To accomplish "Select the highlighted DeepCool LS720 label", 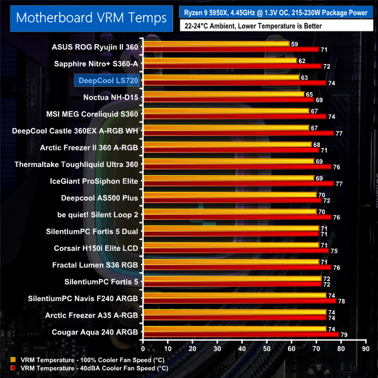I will coord(107,81).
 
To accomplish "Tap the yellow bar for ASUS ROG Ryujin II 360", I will coord(215,43).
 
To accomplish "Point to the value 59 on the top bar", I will coord(294,43).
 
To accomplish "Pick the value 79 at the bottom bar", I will coord(343,334).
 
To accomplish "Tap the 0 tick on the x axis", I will coord(144,348).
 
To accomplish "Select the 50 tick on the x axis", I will coord(266,348).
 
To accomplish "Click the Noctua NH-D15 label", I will coord(110,98).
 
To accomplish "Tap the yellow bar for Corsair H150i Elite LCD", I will coord(231,245).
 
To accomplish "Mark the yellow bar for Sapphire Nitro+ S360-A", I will coord(219,60).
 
